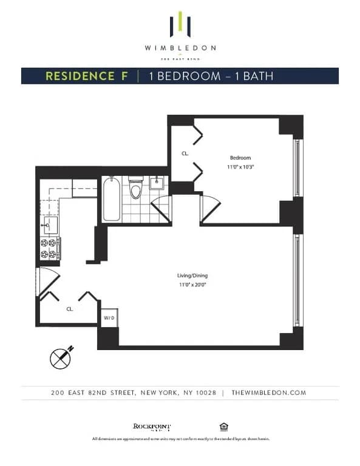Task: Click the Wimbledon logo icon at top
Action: click(x=180, y=24)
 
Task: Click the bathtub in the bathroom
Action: click(x=111, y=199)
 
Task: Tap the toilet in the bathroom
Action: click(x=135, y=189)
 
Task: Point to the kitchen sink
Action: click(x=50, y=226)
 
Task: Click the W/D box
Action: click(x=109, y=318)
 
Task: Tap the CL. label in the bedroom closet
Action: click(x=185, y=154)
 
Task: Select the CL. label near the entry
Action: click(x=70, y=309)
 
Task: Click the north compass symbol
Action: click(x=61, y=357)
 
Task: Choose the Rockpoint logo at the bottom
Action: click(x=152, y=427)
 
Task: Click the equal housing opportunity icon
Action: click(x=223, y=426)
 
